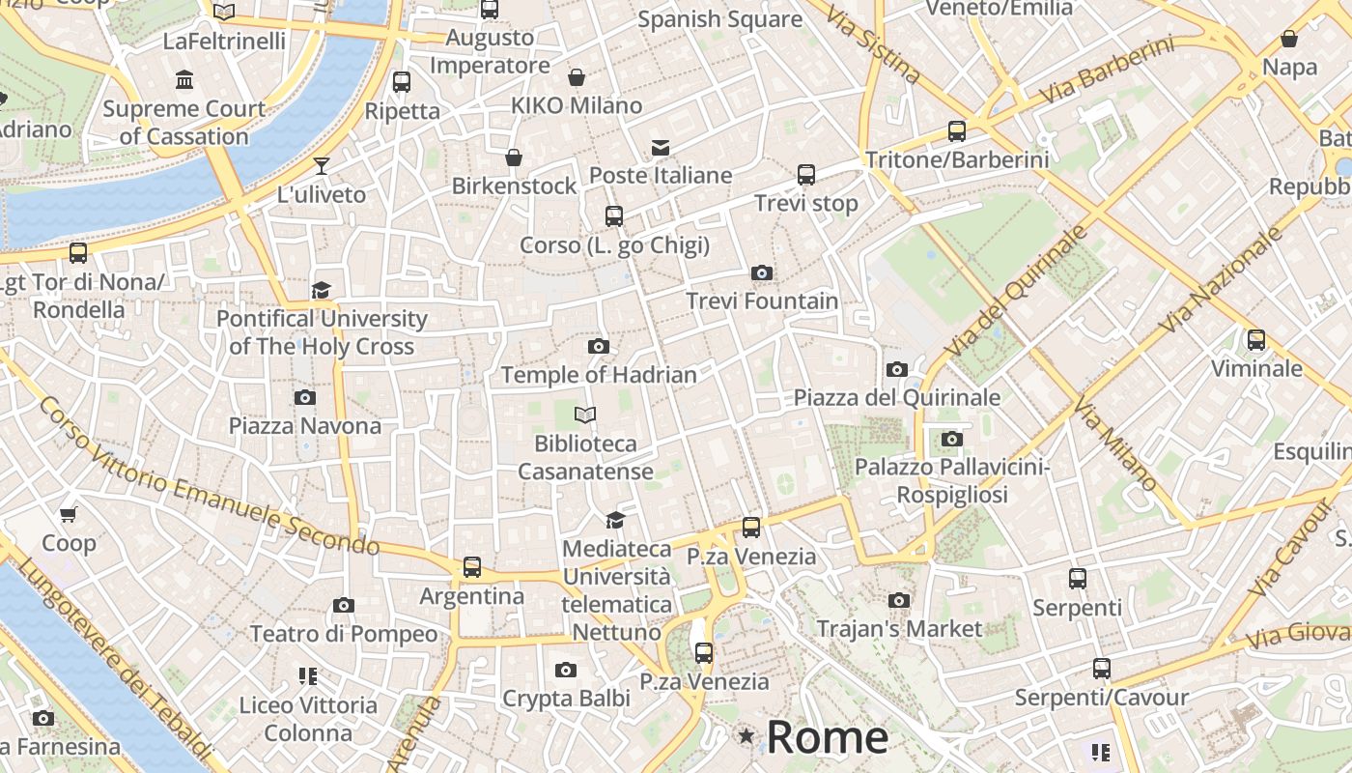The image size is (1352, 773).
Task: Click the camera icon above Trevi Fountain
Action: (x=762, y=273)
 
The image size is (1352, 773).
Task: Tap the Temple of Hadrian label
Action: (x=599, y=375)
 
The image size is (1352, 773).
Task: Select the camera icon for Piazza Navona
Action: (x=305, y=397)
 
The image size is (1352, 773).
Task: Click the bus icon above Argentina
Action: (x=471, y=567)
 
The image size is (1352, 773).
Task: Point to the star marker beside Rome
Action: (x=746, y=736)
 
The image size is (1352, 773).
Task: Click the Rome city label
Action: (x=828, y=737)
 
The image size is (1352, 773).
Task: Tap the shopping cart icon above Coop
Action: (x=68, y=514)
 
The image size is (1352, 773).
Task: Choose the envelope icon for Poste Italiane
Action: (x=661, y=147)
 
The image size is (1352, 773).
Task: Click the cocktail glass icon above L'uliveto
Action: (x=322, y=166)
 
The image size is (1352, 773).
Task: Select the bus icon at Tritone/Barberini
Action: (x=957, y=130)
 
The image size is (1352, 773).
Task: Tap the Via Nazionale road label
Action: (x=1223, y=279)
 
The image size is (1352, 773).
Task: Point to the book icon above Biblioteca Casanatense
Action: (x=585, y=415)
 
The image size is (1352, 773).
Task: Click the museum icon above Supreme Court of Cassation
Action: (x=183, y=79)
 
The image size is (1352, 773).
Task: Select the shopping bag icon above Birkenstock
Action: (x=514, y=157)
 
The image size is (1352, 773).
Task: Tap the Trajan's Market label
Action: (x=899, y=629)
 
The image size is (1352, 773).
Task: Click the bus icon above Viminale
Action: (x=1256, y=339)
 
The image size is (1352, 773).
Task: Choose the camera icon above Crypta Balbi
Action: (x=566, y=670)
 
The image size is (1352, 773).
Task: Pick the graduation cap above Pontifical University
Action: (x=322, y=290)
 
